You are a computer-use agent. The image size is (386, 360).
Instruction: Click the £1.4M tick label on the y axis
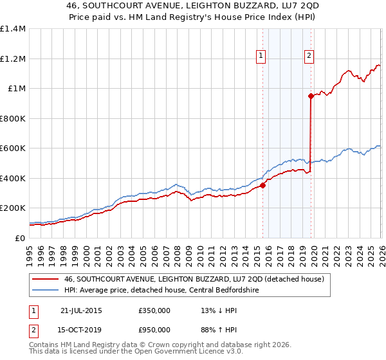[13, 29]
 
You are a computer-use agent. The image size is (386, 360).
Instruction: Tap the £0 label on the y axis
[20, 238]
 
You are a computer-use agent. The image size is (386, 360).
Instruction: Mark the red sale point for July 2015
[262, 186]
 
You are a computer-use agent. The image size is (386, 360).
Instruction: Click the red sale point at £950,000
[311, 96]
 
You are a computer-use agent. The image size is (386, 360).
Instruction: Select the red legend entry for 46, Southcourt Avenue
[197, 279]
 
